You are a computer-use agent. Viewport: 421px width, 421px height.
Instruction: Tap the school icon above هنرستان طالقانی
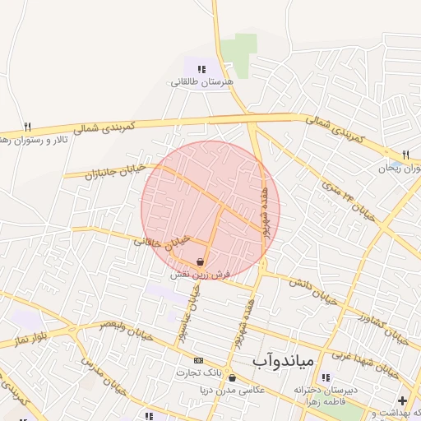pos(202,69)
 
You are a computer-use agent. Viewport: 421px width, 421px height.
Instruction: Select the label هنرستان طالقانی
pos(202,82)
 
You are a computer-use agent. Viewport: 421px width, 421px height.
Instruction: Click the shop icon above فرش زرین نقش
pos(201,261)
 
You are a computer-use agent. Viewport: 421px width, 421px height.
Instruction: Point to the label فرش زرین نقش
pos(201,274)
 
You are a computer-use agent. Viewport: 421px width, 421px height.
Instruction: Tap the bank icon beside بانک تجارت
pos(197,360)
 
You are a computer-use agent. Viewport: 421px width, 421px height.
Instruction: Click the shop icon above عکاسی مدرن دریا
pos(232,378)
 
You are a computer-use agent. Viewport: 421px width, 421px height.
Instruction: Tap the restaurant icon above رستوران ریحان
pos(405,155)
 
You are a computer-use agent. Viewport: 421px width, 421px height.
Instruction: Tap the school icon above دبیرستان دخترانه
pos(326,378)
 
